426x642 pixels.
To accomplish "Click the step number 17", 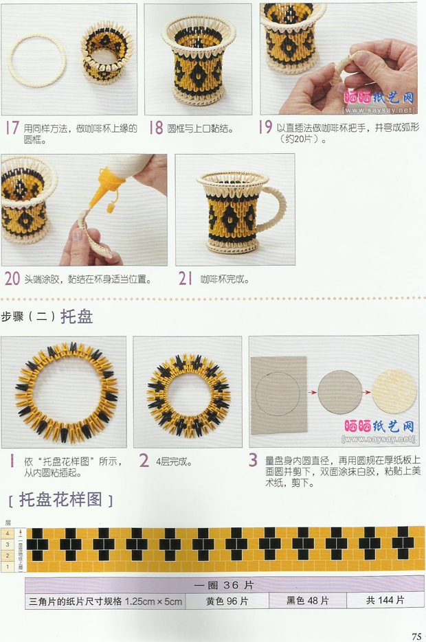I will (x=12, y=128).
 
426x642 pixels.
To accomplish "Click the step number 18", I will (x=156, y=128).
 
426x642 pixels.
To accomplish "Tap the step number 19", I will (x=266, y=128).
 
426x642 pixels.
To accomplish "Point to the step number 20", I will (x=12, y=279).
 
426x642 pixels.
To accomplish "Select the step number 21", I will (x=184, y=279).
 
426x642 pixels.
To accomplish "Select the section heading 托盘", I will (x=77, y=317).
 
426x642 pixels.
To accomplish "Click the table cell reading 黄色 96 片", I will (x=227, y=600).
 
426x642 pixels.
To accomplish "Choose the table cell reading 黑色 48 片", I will (x=308, y=600).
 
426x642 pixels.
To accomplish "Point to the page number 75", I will (x=416, y=635).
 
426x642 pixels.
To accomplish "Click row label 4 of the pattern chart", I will (x=8, y=533).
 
